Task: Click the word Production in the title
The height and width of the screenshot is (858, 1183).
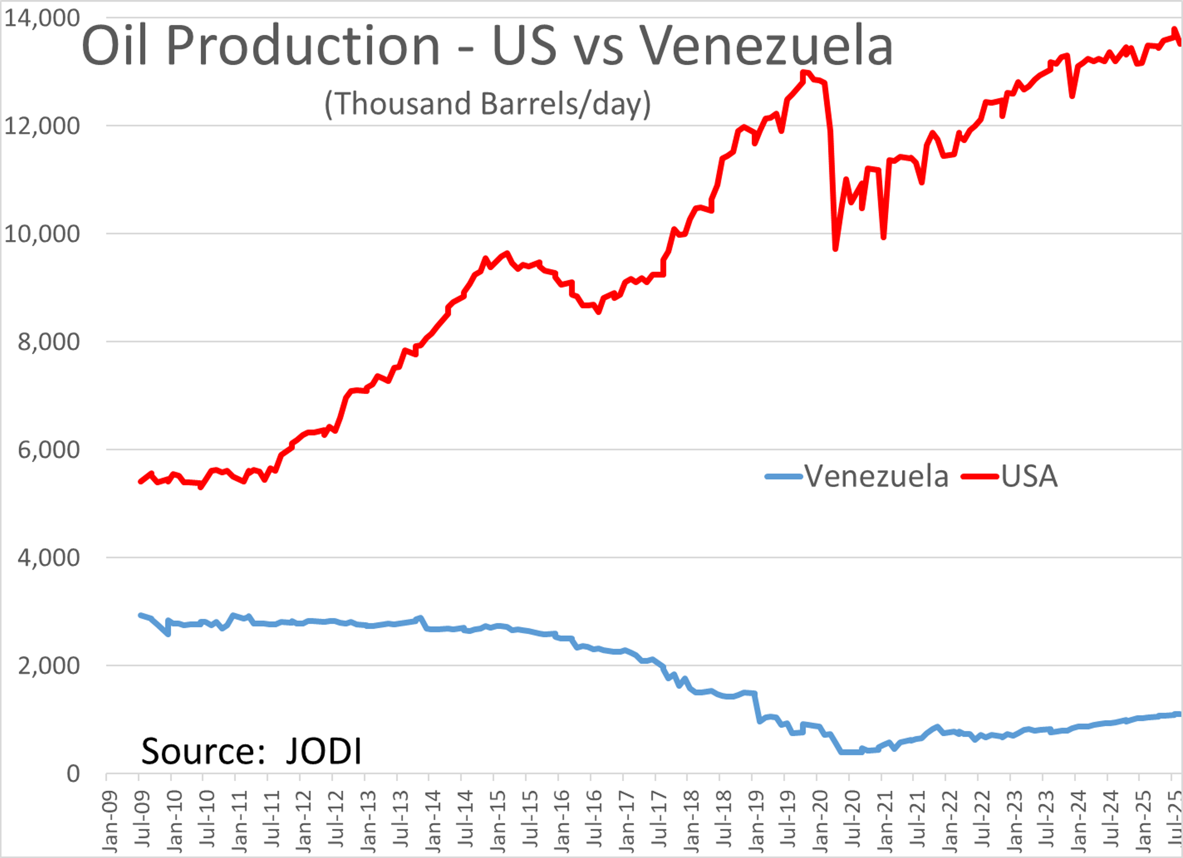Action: click(x=303, y=47)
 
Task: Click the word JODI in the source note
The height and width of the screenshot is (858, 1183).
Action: click(x=323, y=751)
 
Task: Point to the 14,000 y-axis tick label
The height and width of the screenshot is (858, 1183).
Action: click(x=42, y=18)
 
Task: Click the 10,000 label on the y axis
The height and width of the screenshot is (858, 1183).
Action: click(x=42, y=234)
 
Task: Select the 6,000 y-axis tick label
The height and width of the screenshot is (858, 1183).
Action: click(x=48, y=450)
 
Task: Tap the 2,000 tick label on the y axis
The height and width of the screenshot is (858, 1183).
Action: click(x=48, y=666)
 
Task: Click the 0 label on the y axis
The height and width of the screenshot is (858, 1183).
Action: click(x=73, y=774)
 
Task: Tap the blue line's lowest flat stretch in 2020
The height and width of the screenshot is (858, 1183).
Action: click(x=850, y=752)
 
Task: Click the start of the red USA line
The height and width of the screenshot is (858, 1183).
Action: click(x=140, y=481)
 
